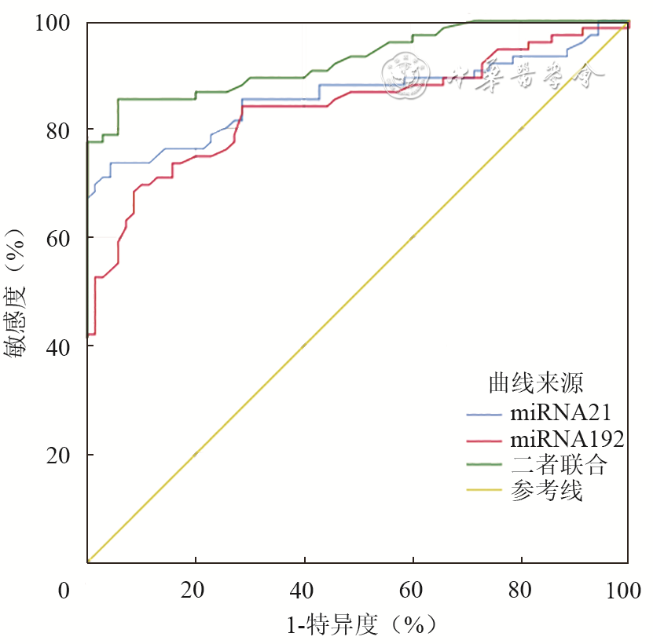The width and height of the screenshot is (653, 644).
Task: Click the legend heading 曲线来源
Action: [x=535, y=383]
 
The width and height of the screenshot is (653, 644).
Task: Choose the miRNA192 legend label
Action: [x=567, y=439]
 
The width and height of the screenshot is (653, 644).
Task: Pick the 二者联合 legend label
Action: [x=559, y=465]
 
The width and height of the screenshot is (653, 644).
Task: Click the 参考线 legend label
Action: [x=546, y=492]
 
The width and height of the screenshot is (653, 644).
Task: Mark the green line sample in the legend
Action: [x=484, y=465]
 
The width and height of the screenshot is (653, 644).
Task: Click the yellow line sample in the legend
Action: [x=484, y=492]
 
